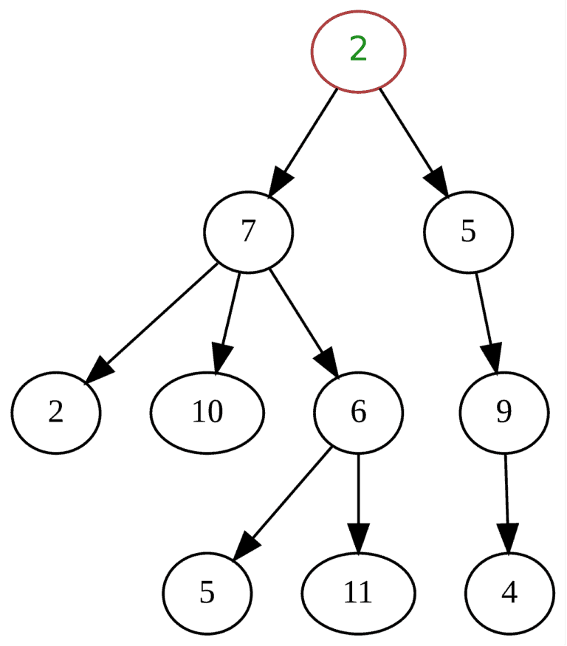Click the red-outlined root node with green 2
click(358, 51)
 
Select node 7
click(248, 232)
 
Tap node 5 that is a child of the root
click(467, 232)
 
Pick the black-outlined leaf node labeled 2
click(55, 413)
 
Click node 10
click(207, 413)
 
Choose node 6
click(358, 413)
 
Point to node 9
click(504, 413)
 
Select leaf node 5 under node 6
click(207, 593)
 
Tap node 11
click(358, 593)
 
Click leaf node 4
click(509, 593)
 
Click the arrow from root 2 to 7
click(303, 141)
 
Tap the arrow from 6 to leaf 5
click(284, 502)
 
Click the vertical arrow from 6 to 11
click(358, 502)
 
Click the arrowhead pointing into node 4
click(507, 537)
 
